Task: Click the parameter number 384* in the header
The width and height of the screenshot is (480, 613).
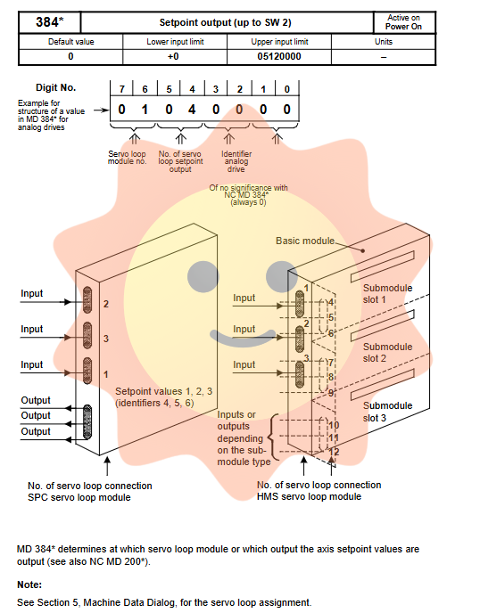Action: [x=50, y=22]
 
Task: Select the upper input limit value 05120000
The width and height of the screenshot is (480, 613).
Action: [x=279, y=57]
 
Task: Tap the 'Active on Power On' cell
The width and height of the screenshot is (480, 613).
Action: [x=403, y=22]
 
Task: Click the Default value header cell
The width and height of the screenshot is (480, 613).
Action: [x=70, y=42]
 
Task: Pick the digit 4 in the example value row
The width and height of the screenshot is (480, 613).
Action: [x=192, y=110]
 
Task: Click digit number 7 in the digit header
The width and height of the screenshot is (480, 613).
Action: [x=121, y=89]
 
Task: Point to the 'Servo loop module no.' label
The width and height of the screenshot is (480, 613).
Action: [x=128, y=158]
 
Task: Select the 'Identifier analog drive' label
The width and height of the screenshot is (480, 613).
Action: [x=236, y=161]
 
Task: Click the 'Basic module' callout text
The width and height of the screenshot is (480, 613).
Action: [x=305, y=241]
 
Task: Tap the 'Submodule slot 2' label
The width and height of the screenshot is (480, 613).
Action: [x=387, y=353]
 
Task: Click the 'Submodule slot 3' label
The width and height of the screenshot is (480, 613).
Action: [x=387, y=412]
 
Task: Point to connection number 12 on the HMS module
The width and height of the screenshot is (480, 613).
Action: [x=334, y=452]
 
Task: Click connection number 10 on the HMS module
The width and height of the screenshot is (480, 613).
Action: [x=334, y=425]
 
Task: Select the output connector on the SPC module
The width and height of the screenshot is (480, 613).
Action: [x=87, y=422]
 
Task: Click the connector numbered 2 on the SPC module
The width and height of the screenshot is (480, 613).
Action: [x=87, y=300]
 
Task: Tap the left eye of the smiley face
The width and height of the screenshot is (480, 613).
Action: [x=203, y=276]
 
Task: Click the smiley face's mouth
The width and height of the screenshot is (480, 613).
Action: [x=243, y=339]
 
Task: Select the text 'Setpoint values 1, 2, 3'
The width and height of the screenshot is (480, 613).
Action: [x=163, y=391]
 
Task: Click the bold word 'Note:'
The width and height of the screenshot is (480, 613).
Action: [x=29, y=584]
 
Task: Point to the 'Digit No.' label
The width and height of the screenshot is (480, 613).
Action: [x=56, y=87]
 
